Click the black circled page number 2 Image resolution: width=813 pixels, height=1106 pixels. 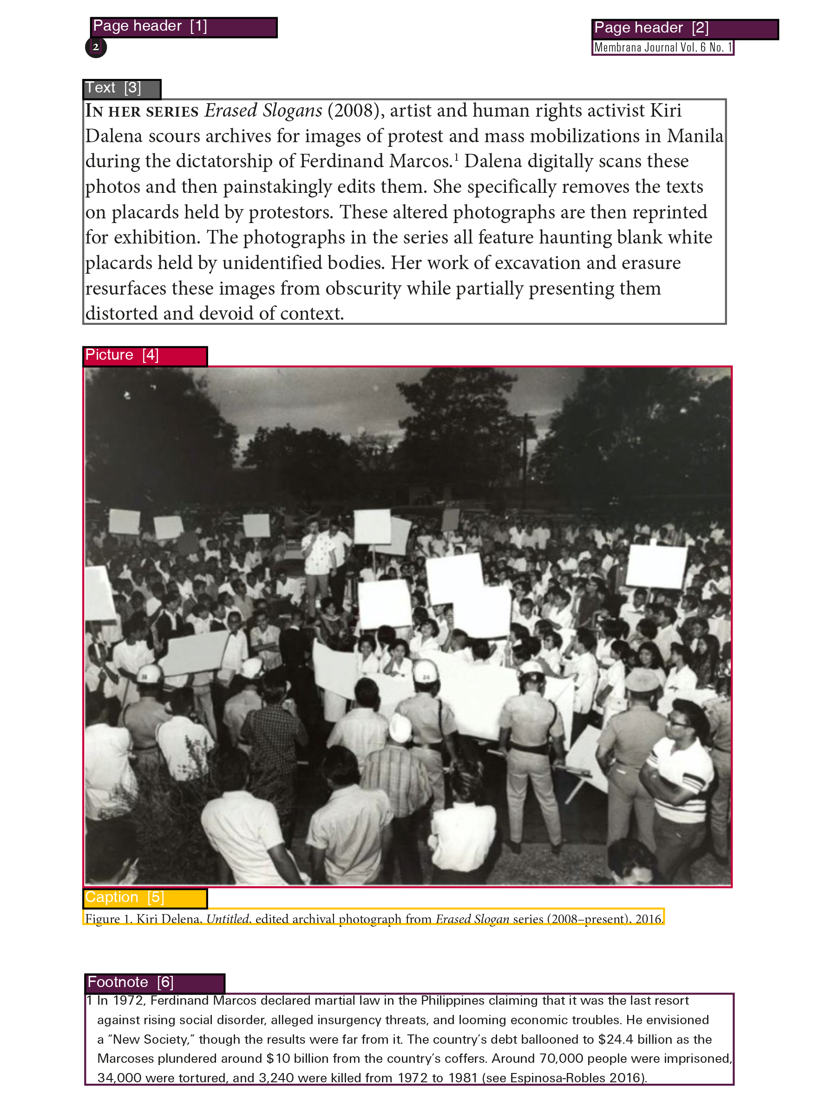coord(96,47)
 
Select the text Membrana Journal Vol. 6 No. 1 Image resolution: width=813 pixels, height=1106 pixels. coord(662,48)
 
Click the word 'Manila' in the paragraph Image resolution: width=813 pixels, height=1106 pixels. coord(695,136)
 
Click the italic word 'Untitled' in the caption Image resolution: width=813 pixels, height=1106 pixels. coord(227,918)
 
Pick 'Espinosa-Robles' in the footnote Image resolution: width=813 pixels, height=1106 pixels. coord(557,1078)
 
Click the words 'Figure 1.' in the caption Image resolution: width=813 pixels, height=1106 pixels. coord(108,918)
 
